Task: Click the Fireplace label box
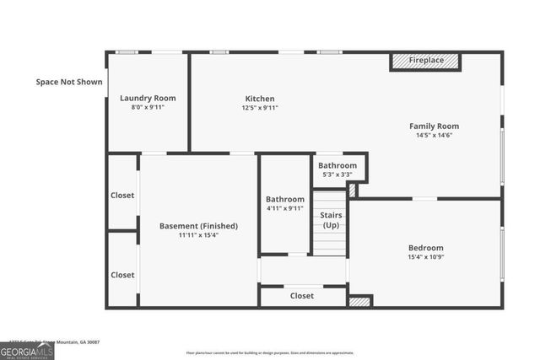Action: pos(426,62)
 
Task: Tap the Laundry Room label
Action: pos(147,98)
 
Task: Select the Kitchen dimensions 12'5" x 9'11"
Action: pos(259,108)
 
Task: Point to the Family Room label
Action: pos(434,126)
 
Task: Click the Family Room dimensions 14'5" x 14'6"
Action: pos(434,135)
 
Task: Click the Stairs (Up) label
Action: pos(332,220)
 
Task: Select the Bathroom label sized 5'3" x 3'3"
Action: pos(337,165)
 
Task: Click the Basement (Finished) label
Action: pos(198,226)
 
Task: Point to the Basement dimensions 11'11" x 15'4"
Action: pos(198,235)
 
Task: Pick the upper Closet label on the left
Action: pos(122,195)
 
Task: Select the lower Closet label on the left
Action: pos(122,275)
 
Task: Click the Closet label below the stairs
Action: pos(301,296)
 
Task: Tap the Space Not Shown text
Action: pos(69,82)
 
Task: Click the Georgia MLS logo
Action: pos(27,351)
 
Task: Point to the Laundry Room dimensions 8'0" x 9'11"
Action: pos(147,107)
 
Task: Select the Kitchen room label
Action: pos(259,99)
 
